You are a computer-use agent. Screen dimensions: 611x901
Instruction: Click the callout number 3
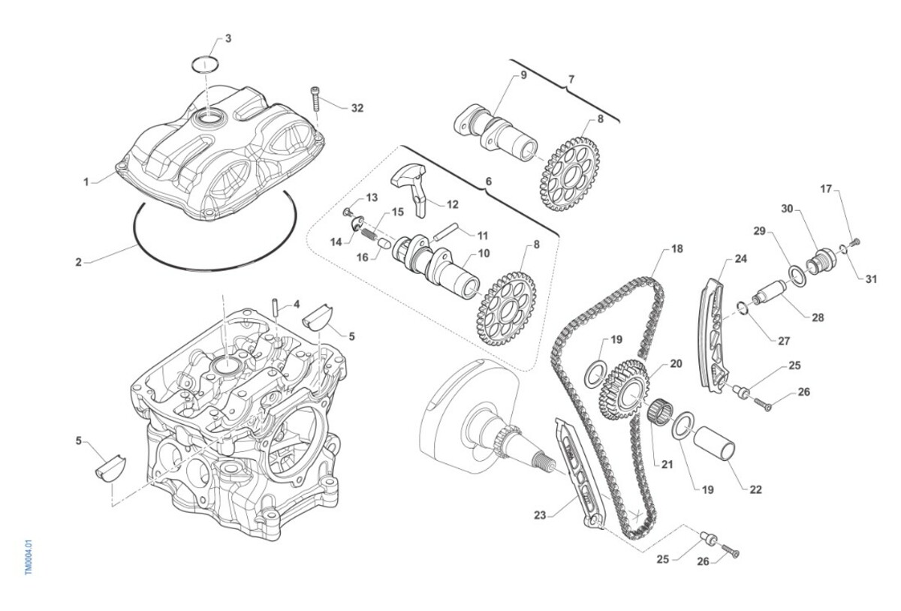[x=228, y=38]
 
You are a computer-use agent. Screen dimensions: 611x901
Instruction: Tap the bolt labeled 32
[x=316, y=99]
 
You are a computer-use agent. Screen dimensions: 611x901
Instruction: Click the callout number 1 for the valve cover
[x=86, y=182]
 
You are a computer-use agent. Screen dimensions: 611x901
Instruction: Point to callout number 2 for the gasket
[x=78, y=263]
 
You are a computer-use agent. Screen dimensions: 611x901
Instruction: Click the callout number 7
[x=571, y=79]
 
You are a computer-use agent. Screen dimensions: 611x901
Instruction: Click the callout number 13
[x=372, y=197]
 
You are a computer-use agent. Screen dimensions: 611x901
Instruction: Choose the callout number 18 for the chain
[x=677, y=248]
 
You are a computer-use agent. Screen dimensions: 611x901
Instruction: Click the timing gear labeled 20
[x=624, y=389]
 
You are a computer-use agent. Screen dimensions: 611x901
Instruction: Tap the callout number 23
[x=540, y=515]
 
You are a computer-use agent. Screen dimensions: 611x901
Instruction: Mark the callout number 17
[x=827, y=189]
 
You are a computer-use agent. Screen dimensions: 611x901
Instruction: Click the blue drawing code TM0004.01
[x=29, y=556]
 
